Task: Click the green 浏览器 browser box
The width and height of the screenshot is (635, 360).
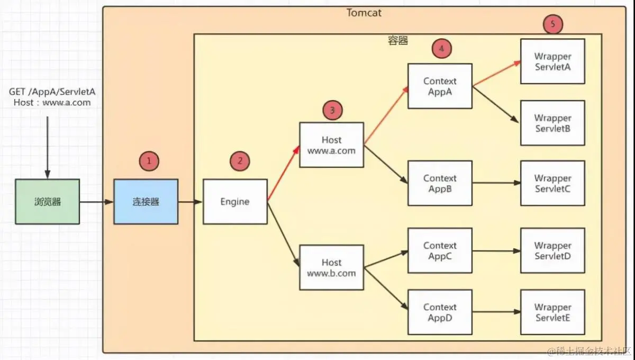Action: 47,201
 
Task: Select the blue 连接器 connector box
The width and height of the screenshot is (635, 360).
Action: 146,201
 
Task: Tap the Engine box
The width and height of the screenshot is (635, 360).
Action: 235,201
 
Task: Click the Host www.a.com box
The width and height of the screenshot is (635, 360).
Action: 332,145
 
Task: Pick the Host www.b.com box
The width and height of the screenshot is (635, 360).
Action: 332,267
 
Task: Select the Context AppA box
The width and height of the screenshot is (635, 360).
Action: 440,86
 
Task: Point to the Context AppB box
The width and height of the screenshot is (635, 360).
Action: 440,183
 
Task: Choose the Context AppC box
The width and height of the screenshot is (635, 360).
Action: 440,251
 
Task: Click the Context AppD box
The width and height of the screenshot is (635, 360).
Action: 440,312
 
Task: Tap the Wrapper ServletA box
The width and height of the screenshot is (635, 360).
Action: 552,61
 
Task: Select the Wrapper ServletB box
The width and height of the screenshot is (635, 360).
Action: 552,123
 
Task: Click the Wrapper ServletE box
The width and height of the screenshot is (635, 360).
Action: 552,312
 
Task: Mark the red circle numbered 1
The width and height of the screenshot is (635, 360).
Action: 149,161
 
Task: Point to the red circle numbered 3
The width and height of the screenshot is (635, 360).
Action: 332,111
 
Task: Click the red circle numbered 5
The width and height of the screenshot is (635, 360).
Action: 553,24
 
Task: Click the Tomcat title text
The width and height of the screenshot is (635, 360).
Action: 364,12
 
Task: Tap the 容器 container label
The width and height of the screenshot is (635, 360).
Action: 398,41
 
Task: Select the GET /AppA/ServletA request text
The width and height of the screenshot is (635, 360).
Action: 52,92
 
